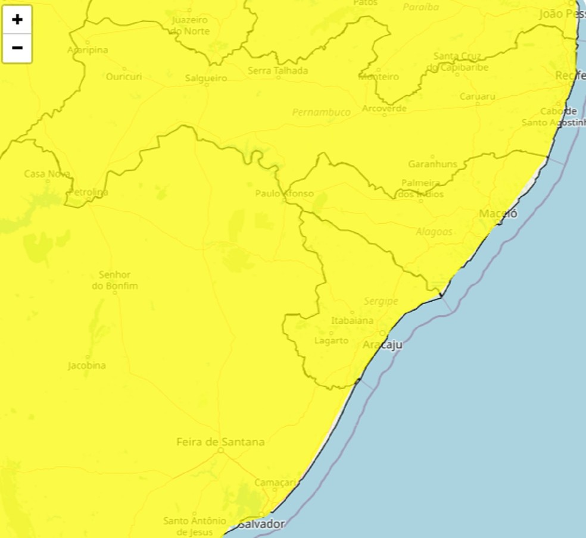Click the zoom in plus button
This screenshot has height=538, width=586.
coord(17,19)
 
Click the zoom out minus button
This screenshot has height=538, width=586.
coord(17,48)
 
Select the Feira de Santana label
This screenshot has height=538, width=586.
coord(220,442)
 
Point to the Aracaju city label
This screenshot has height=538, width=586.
coord(382,345)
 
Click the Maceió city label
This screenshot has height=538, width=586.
coord(498,214)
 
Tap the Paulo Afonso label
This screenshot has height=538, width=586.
coord(284,193)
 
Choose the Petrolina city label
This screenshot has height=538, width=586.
coord(89,192)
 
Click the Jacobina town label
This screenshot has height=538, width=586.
coord(87,365)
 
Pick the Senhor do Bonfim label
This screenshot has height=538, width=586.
coord(115,280)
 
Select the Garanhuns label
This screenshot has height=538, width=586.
coord(433,164)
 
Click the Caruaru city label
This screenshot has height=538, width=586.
coord(478,96)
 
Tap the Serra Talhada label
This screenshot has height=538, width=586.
coord(278,71)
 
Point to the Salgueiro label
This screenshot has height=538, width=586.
coord(206,78)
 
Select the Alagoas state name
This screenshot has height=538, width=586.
coord(434,232)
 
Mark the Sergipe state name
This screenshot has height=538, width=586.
coord(381,302)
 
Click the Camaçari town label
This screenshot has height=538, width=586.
coord(275,483)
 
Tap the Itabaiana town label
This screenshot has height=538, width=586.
coord(352,321)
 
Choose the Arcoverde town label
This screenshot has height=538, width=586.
coord(384,108)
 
